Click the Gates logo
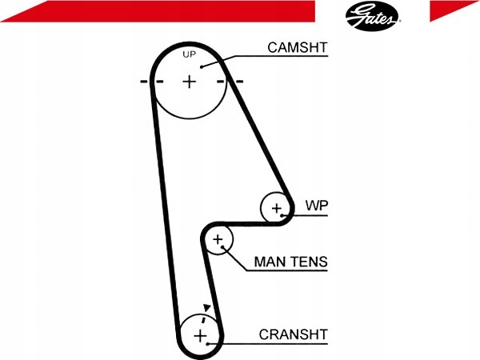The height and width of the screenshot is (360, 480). point(372,16)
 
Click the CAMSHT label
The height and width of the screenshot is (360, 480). point(298,48)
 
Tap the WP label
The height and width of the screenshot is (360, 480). point(317,206)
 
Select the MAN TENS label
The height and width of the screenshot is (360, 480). point(291,262)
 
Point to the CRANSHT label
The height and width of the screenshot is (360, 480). point(294,334)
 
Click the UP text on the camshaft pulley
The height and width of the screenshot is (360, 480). point(189,54)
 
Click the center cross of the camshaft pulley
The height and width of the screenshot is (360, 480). point(190,82)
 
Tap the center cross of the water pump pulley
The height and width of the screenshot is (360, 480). point(277,209)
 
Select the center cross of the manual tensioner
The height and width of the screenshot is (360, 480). point(218,239)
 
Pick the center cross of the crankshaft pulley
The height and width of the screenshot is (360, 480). point(201,336)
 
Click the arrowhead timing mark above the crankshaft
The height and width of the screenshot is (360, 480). point(207,308)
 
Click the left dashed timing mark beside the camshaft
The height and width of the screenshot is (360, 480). point(151,82)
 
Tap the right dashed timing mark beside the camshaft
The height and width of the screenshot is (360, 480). point(230,82)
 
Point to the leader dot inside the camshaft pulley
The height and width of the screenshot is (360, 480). point(202,66)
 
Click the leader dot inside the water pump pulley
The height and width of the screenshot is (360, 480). point(282,216)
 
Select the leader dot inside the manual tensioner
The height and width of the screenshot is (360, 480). point(223,247)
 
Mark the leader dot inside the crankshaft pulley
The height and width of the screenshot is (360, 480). point(207,344)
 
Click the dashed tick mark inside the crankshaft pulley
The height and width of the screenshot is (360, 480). point(203,319)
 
